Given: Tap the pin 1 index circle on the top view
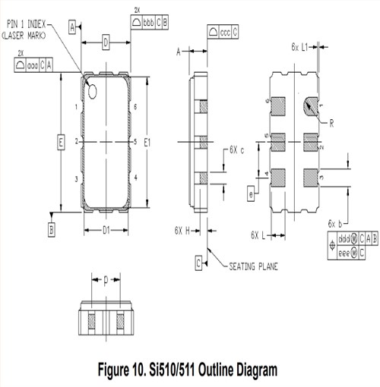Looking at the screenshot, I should coord(93,92).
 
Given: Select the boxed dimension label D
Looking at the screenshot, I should coord(106,42).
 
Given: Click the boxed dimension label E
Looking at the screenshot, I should coord(59,142).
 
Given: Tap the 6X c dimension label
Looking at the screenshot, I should coord(237,149).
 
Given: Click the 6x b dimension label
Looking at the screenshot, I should coord(334,223).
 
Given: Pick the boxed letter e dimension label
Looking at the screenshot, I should coord(251,194).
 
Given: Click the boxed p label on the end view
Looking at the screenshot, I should coord(106,278).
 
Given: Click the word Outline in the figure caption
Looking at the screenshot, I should coord(210,370).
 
